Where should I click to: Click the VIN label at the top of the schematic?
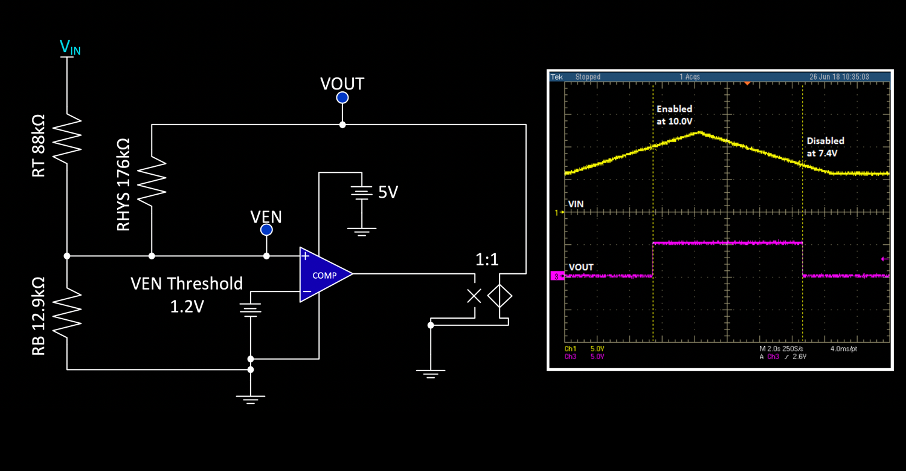click(x=69, y=47)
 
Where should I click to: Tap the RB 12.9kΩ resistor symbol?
click(x=67, y=312)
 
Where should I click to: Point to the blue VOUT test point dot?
click(x=342, y=98)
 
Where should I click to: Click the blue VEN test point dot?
click(x=266, y=230)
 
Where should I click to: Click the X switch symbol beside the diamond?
click(x=475, y=296)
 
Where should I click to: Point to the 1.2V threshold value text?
click(x=187, y=307)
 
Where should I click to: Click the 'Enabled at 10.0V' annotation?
click(x=674, y=114)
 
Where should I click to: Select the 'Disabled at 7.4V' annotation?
click(x=825, y=146)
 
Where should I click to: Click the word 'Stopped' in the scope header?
click(x=588, y=77)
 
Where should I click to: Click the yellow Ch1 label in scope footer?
click(x=570, y=349)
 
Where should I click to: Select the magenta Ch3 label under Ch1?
click(x=570, y=357)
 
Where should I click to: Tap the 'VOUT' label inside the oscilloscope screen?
click(x=580, y=267)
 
